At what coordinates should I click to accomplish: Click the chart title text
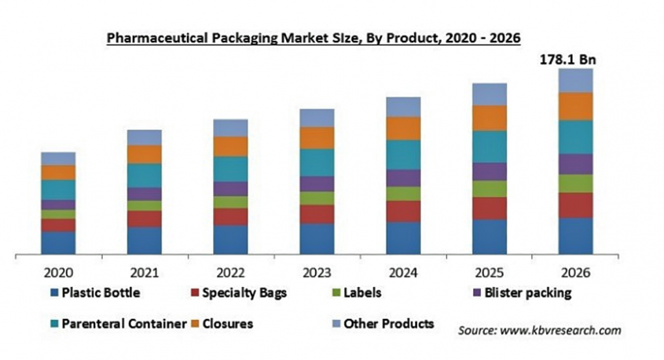pos(314,37)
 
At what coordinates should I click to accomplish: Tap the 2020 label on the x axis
pos(58,272)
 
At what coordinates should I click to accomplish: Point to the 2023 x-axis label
pos(317,272)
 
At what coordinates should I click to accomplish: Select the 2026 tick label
pos(576,272)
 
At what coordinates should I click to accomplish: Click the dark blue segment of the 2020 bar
pos(58,243)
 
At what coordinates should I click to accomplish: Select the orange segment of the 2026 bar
pos(576,106)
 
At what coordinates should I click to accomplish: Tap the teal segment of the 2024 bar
pos(403,155)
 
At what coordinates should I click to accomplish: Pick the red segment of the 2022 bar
pos(230,217)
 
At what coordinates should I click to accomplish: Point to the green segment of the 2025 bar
pos(490,189)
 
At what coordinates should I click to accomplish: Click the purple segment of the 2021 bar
pos(145,194)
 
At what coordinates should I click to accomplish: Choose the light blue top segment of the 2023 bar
pos(317,118)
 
